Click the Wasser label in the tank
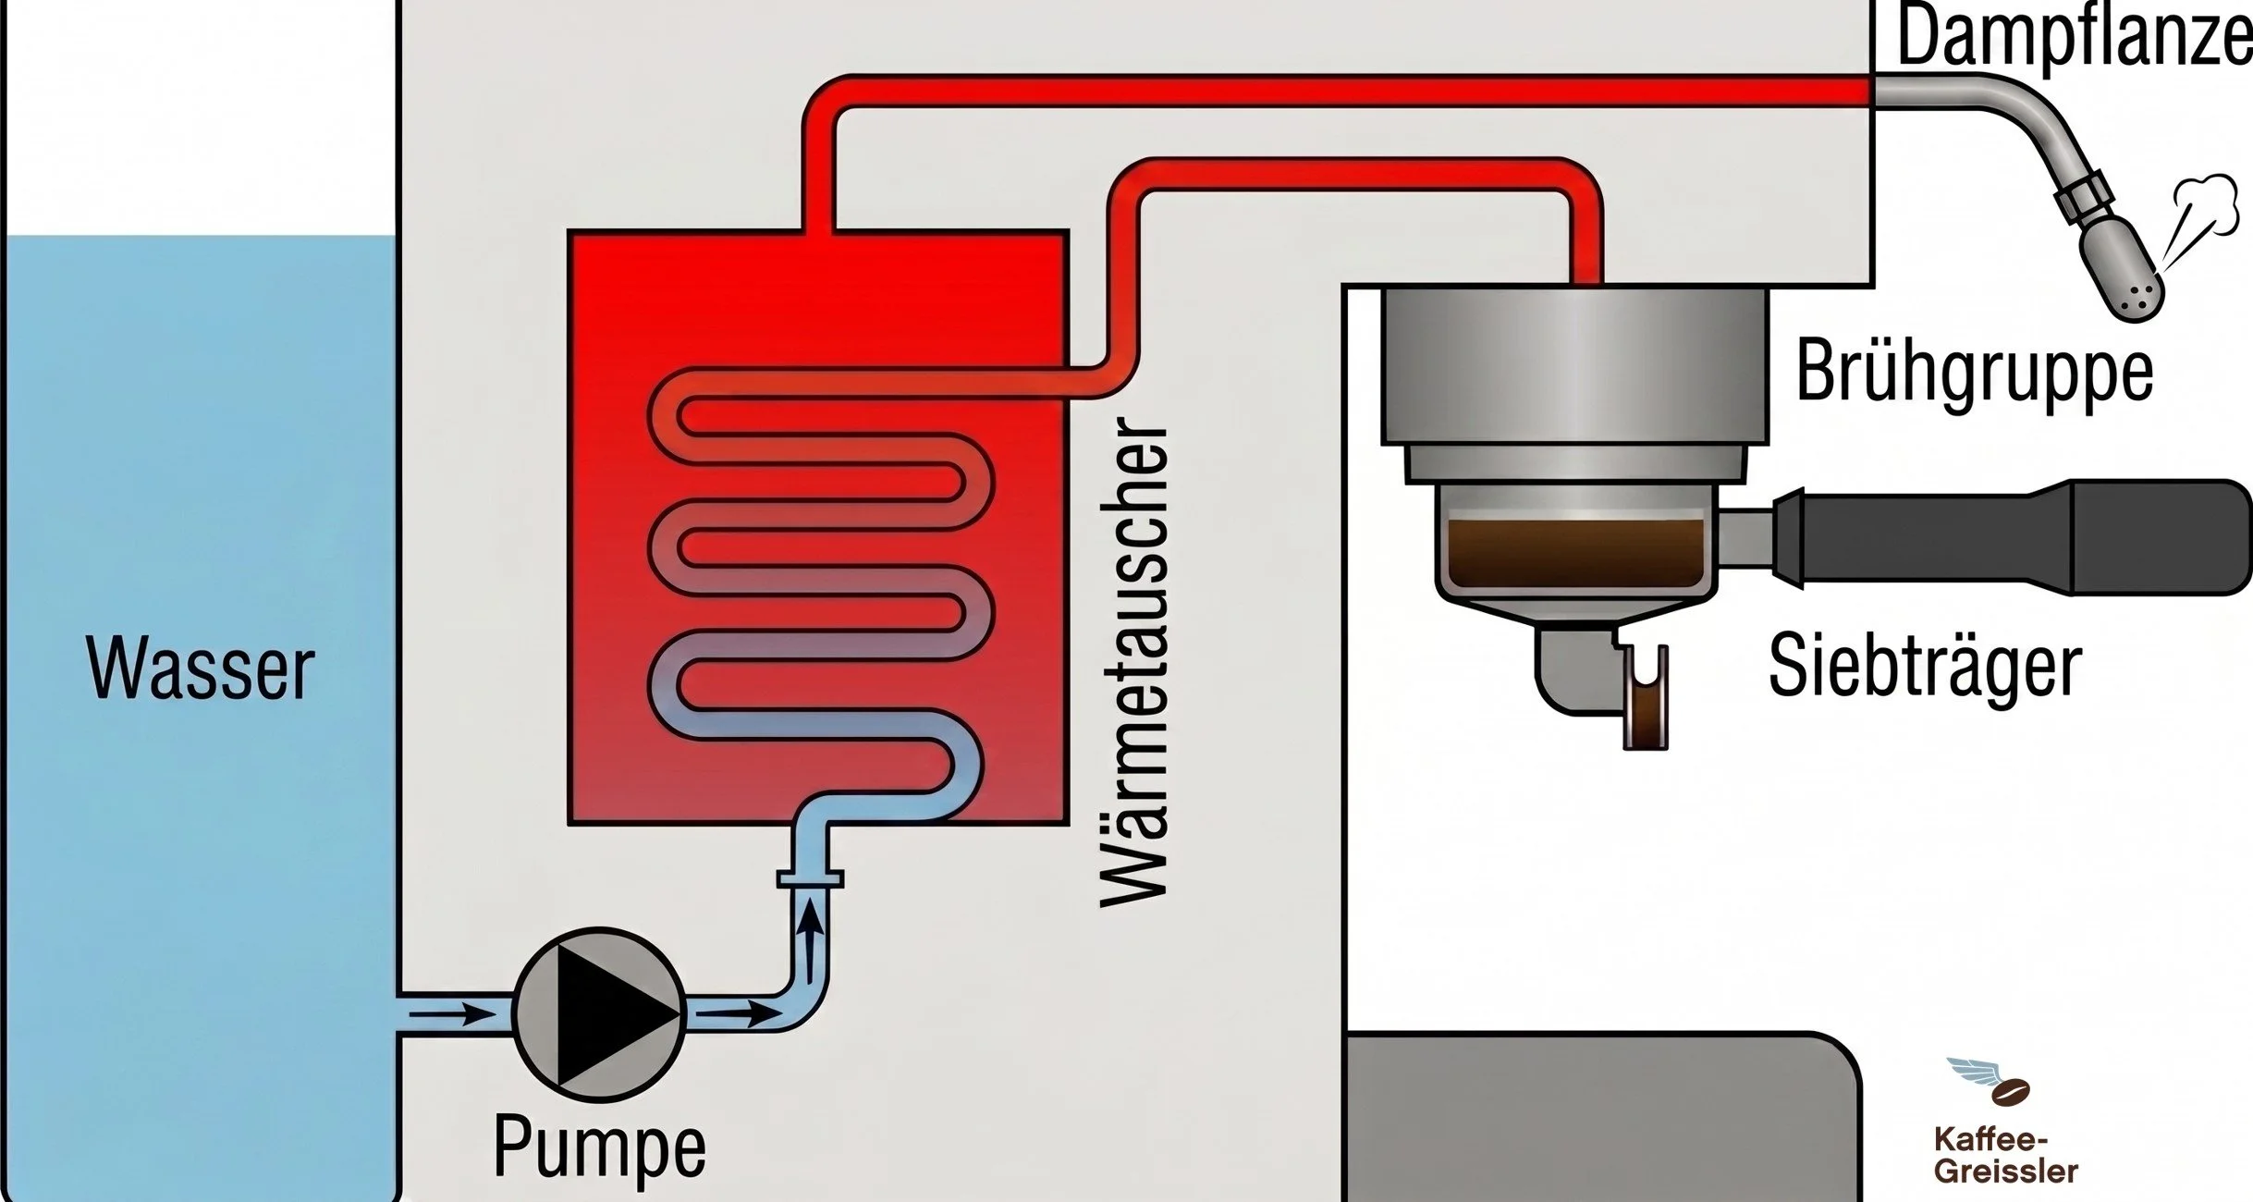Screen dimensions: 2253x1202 [201, 667]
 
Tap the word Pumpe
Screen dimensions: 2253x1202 [600, 1147]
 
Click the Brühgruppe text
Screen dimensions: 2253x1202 [1975, 373]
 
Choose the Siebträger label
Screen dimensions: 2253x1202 [1926, 665]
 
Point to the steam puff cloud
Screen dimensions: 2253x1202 [2209, 206]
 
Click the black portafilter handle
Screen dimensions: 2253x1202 [2015, 536]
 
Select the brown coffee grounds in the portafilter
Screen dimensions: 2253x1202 [1575, 552]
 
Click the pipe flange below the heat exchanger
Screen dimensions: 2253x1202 [810, 878]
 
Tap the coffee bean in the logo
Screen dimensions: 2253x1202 [2011, 1092]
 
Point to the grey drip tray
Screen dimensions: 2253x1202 [1600, 1117]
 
